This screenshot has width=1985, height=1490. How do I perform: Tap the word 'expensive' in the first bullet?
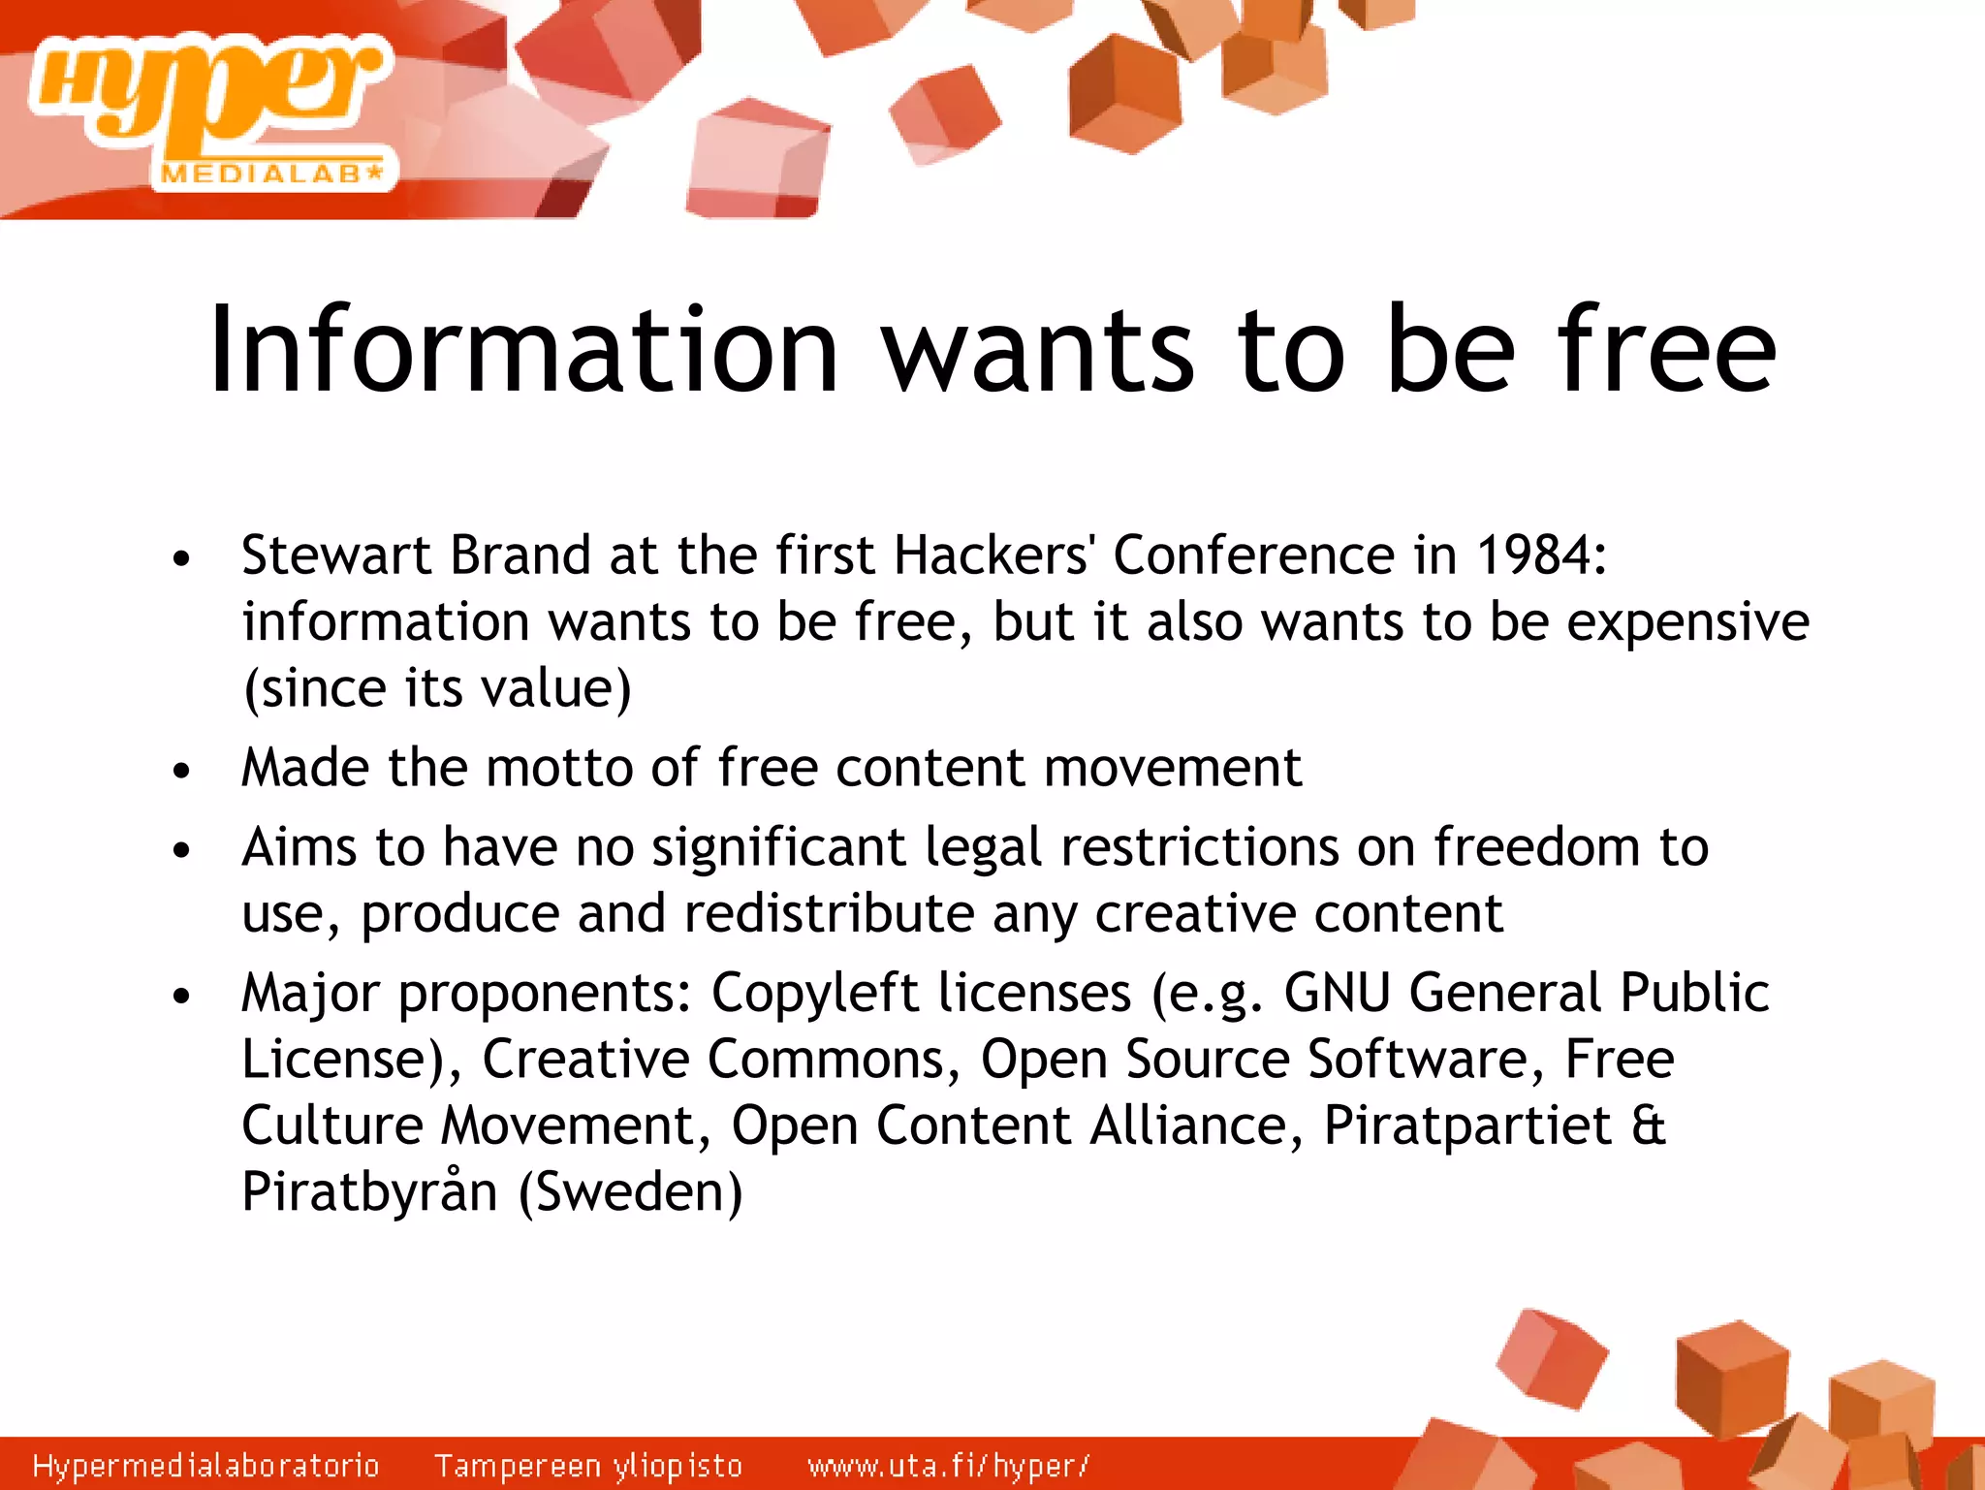point(1687,622)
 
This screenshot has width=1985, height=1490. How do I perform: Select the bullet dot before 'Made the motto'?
point(181,771)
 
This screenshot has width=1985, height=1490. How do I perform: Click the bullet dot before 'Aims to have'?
point(181,850)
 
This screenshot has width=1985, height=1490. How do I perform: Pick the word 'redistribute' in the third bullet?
point(829,913)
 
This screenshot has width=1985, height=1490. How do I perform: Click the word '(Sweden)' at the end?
point(630,1192)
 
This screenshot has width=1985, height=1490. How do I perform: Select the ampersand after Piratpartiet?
point(1649,1126)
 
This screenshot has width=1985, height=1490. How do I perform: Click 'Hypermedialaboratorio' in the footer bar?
point(205,1465)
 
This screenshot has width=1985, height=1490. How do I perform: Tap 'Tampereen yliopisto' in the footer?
point(588,1465)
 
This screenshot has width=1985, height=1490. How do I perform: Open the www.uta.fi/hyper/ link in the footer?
point(949,1465)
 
